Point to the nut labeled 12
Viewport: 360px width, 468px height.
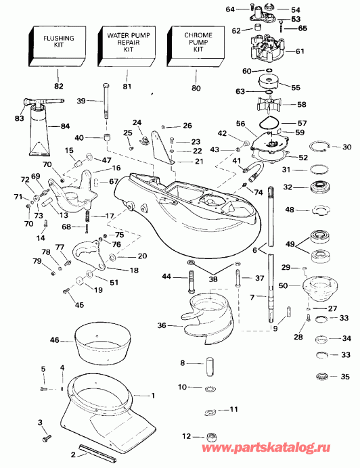(x=210, y=437)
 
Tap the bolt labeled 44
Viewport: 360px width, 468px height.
(x=190, y=277)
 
